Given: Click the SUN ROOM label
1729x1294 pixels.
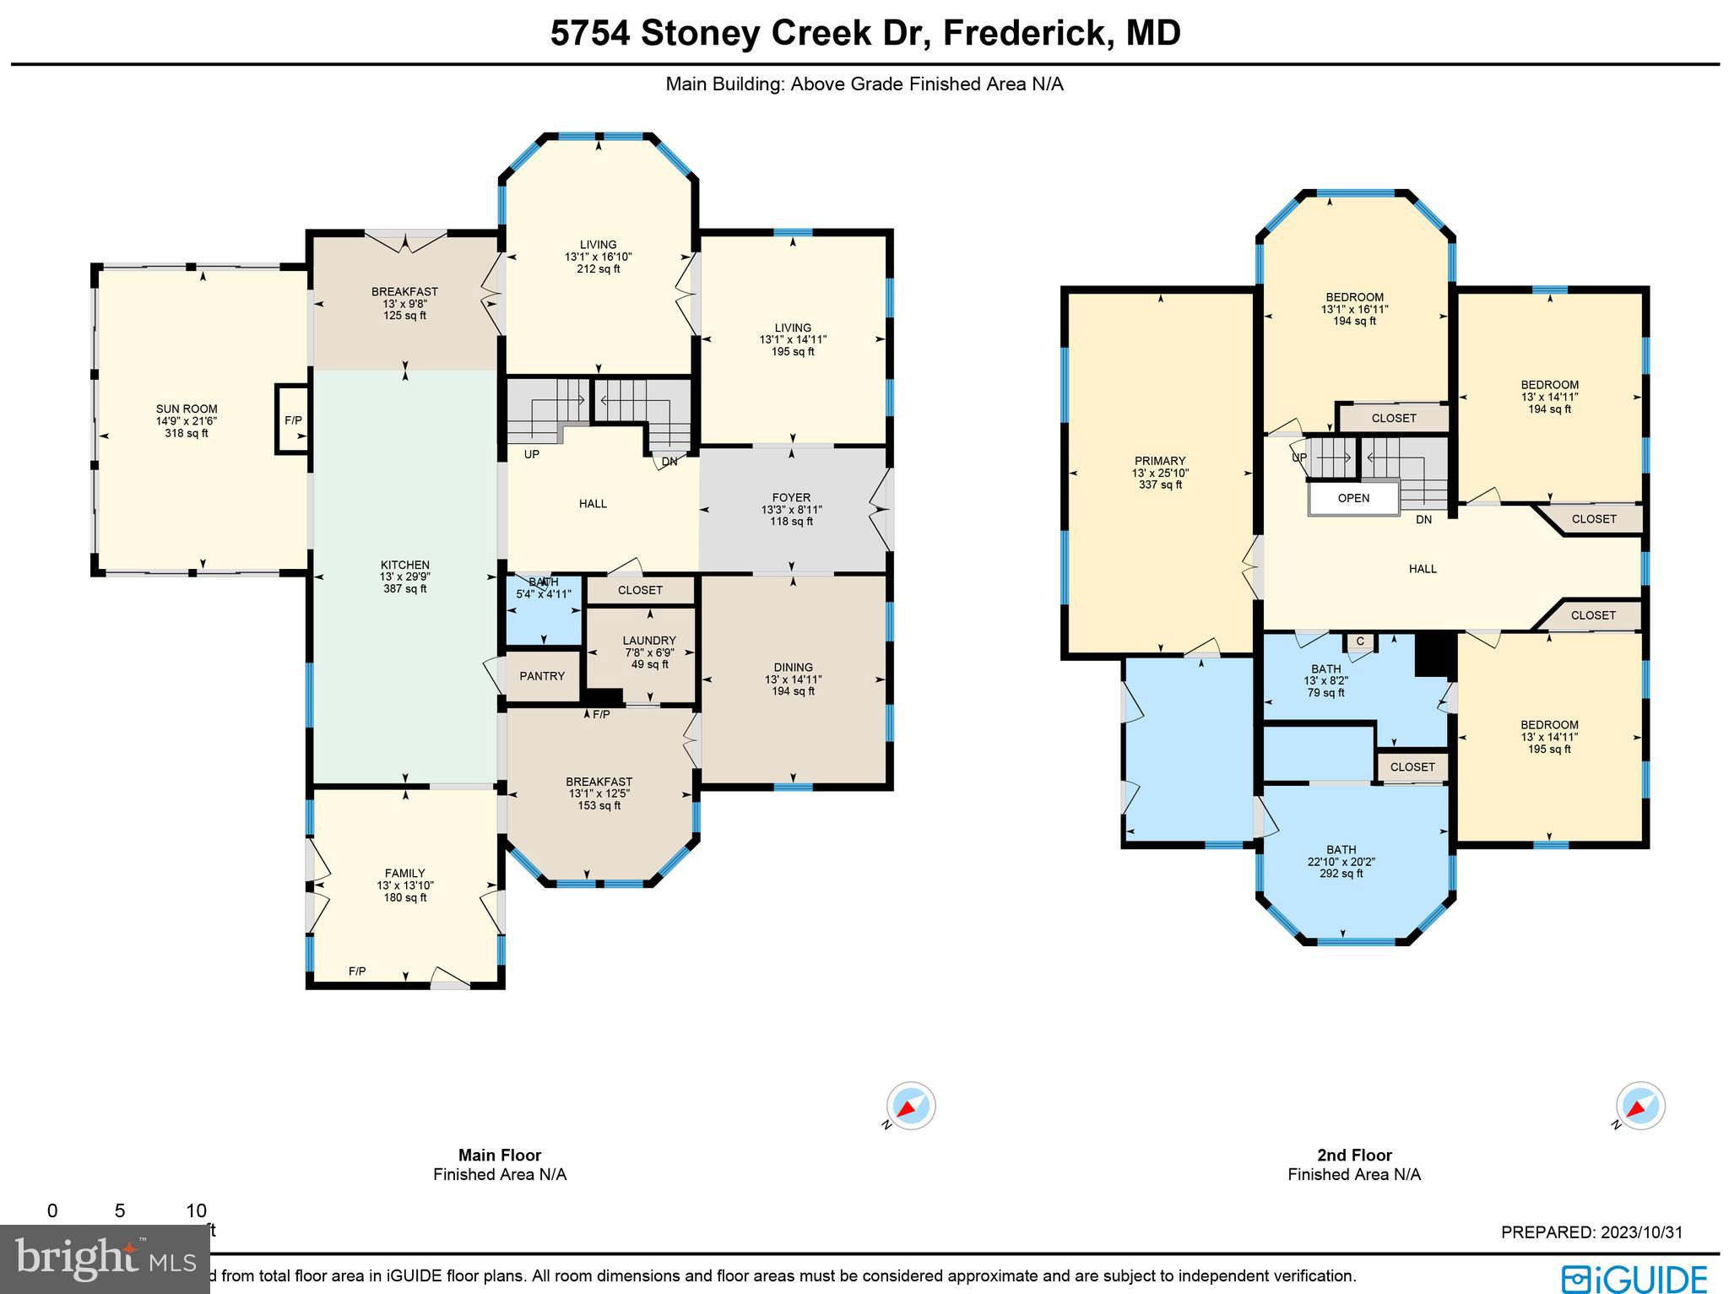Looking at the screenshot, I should [x=187, y=409].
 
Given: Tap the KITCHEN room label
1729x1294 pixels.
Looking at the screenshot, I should [x=404, y=565].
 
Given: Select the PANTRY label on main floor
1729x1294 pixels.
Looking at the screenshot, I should [x=542, y=676].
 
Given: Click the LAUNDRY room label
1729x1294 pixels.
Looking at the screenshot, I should [x=649, y=641].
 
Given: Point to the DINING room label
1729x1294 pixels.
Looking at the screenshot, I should [x=793, y=667].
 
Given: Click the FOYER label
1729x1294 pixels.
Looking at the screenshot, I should [x=791, y=498].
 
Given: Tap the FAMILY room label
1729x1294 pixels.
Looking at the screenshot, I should [x=404, y=874].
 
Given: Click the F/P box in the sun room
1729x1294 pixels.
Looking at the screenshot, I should [x=293, y=420].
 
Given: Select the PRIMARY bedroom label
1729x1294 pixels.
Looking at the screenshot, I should [x=1160, y=461].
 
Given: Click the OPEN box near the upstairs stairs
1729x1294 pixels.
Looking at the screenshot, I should [x=1353, y=498].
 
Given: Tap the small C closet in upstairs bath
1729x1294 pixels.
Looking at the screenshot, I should [x=1360, y=642].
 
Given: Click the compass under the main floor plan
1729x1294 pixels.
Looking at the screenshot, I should [x=910, y=1106].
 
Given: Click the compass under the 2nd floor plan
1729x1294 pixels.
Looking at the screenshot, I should [x=1640, y=1106].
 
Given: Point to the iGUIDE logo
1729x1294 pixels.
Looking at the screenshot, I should [x=1634, y=1278].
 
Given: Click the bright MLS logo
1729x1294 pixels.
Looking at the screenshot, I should [x=106, y=1259].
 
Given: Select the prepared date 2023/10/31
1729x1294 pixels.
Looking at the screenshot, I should [x=1638, y=1232].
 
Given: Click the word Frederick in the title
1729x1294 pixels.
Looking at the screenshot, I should [x=1022, y=34].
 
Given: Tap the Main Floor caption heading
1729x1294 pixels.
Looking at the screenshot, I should [x=500, y=1156].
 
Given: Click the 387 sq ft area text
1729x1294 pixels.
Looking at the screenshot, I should [x=404, y=589].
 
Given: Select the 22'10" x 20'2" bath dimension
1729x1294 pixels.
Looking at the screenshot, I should [x=1341, y=862].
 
